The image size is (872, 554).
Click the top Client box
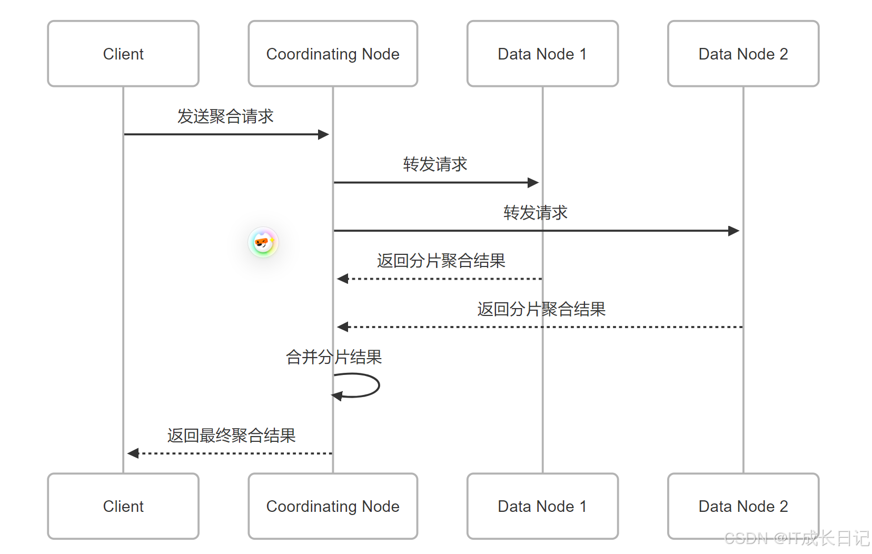(x=123, y=54)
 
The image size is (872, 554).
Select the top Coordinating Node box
(x=333, y=54)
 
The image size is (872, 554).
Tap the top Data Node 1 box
(x=542, y=54)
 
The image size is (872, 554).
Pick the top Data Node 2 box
(x=743, y=54)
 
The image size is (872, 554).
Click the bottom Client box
(x=123, y=506)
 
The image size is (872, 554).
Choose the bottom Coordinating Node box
(x=333, y=506)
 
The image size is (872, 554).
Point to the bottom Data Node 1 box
(x=542, y=506)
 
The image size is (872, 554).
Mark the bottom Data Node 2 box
(x=743, y=506)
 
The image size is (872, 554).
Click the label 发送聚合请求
(x=225, y=116)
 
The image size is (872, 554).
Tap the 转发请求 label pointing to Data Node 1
(x=435, y=164)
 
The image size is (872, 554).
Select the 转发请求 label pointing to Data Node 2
(x=536, y=213)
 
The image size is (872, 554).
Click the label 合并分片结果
(x=334, y=358)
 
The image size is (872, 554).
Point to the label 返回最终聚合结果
(x=232, y=436)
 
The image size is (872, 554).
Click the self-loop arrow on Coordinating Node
(x=369, y=385)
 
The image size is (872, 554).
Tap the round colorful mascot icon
(x=263, y=242)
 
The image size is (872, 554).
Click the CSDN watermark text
(x=796, y=538)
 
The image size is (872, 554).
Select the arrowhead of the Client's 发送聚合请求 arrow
(x=324, y=134)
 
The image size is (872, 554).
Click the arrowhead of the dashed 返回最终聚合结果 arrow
(x=133, y=453)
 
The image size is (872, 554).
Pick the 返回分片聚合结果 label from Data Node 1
(x=441, y=261)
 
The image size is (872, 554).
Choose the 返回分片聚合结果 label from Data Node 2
(x=541, y=309)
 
